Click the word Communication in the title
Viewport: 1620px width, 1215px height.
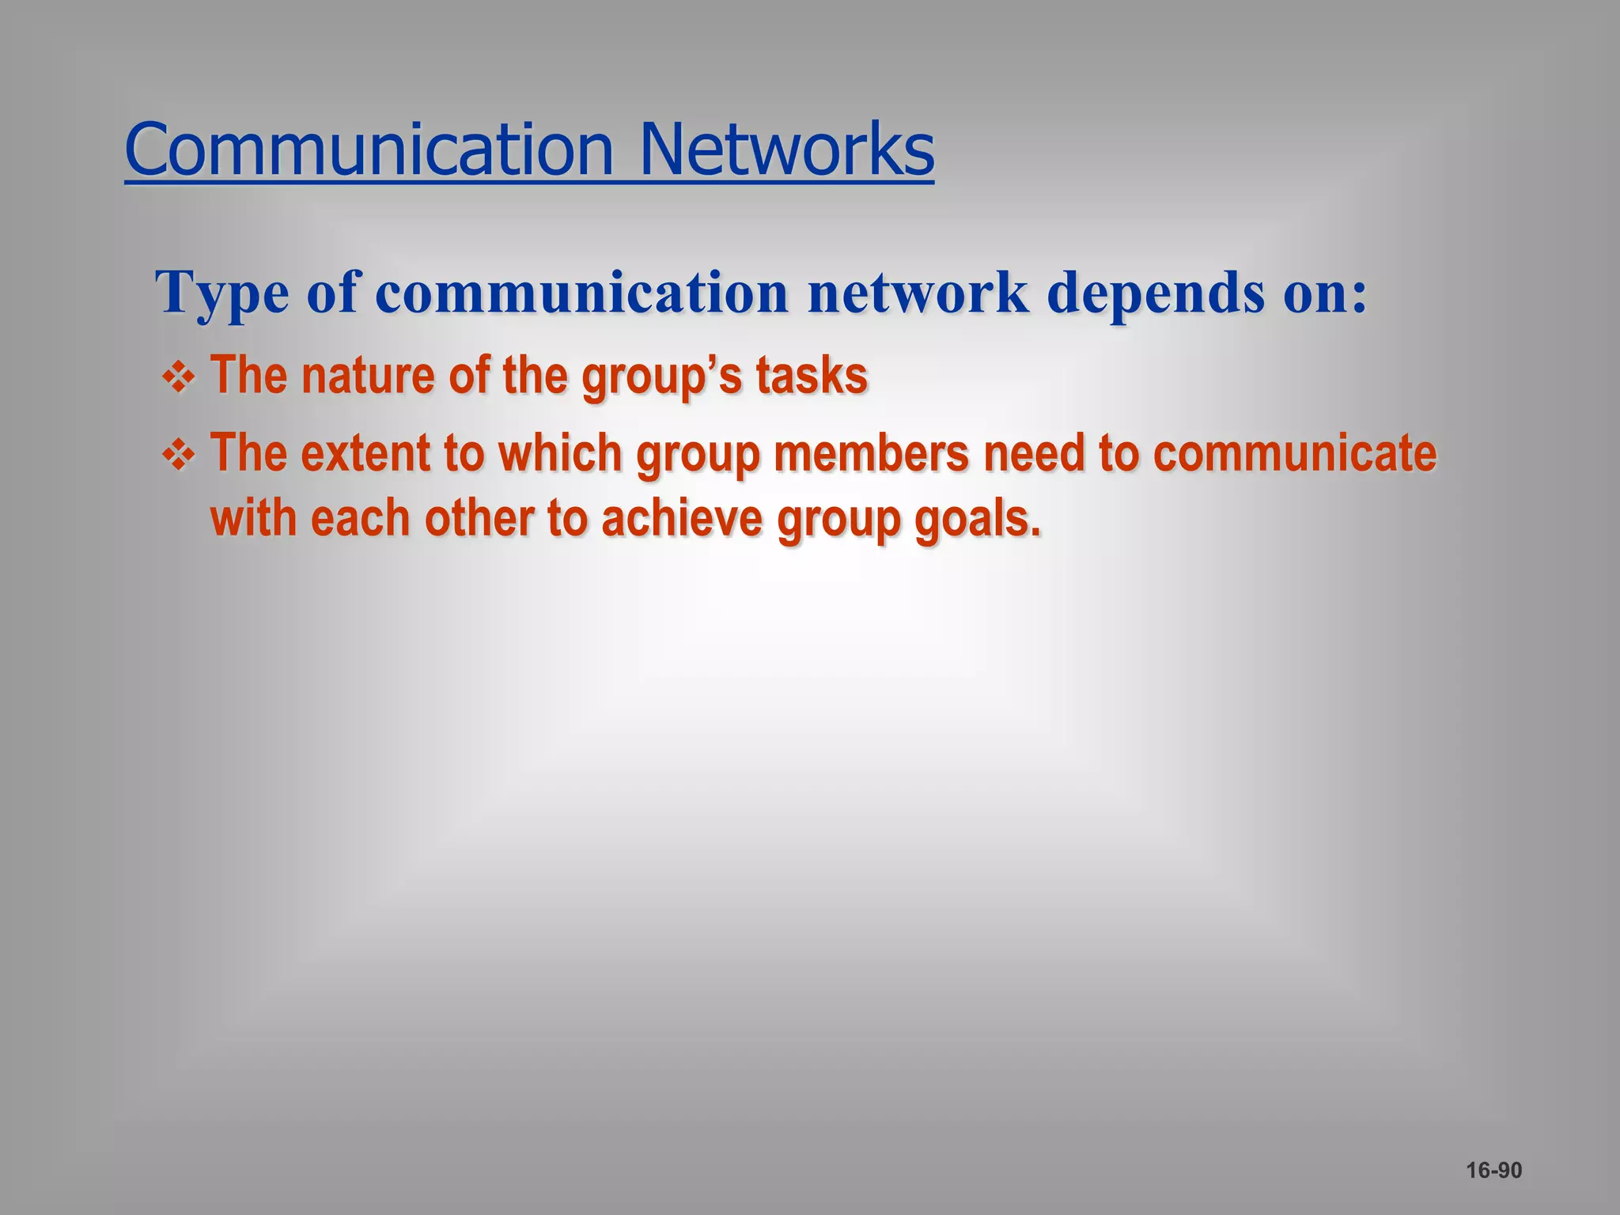(369, 150)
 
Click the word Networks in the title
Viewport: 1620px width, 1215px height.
(786, 150)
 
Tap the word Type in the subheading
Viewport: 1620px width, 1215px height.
(222, 293)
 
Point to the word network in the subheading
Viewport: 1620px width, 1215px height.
(918, 293)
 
